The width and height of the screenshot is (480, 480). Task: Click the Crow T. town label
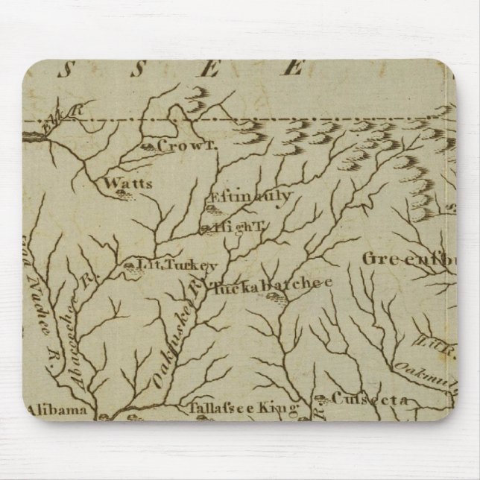[186, 147]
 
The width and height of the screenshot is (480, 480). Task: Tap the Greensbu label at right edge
[410, 259]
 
